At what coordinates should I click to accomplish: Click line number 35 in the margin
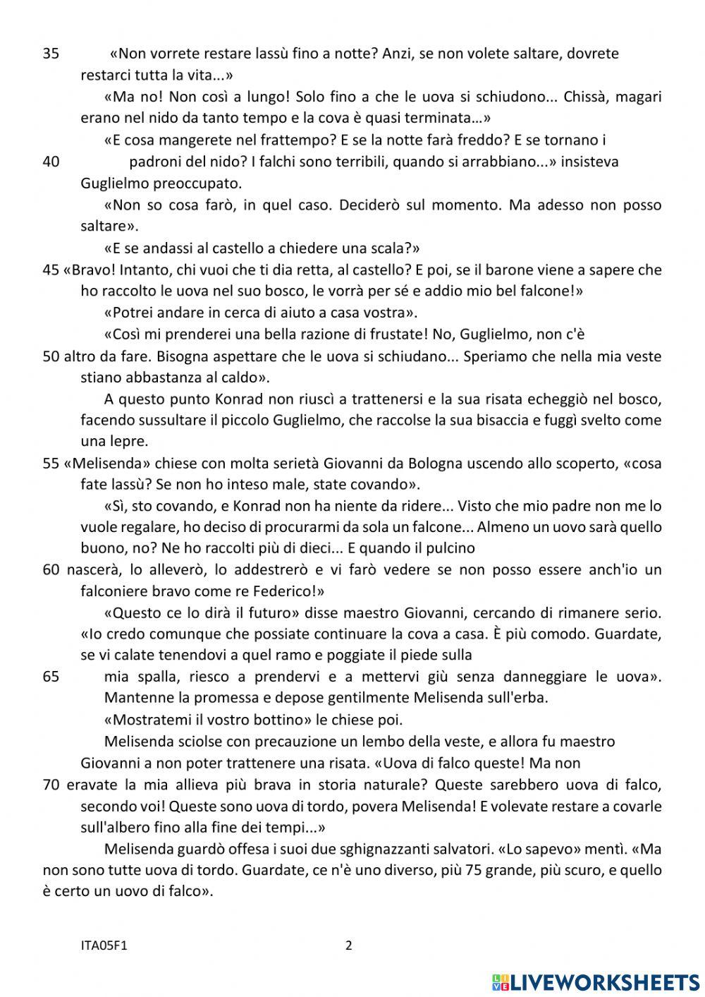[51, 54]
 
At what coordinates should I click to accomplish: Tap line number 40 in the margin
[51, 162]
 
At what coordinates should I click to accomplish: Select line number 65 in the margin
[51, 677]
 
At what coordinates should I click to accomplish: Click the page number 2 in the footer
[349, 945]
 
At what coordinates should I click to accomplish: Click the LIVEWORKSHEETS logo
[596, 981]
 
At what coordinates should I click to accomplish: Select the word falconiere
[115, 591]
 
